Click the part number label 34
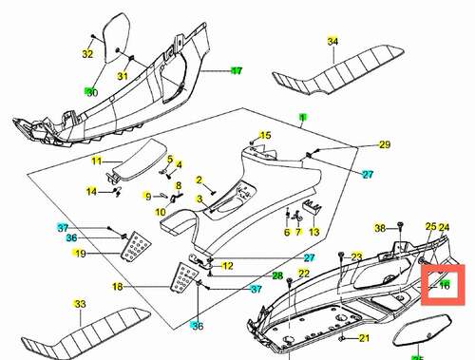[332, 42]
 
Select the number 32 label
[87, 54]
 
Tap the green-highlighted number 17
[237, 70]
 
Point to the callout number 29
[385, 144]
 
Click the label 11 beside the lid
[97, 161]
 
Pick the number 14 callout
[92, 192]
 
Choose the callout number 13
[313, 232]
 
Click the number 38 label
[380, 228]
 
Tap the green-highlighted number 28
[277, 275]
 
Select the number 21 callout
[364, 338]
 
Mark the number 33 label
[80, 304]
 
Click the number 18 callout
[118, 287]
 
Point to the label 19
[81, 254]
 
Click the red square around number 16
[443, 285]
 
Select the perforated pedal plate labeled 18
[184, 276]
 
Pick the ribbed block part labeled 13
[313, 206]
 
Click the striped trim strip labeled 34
[338, 69]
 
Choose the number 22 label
[303, 274]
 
